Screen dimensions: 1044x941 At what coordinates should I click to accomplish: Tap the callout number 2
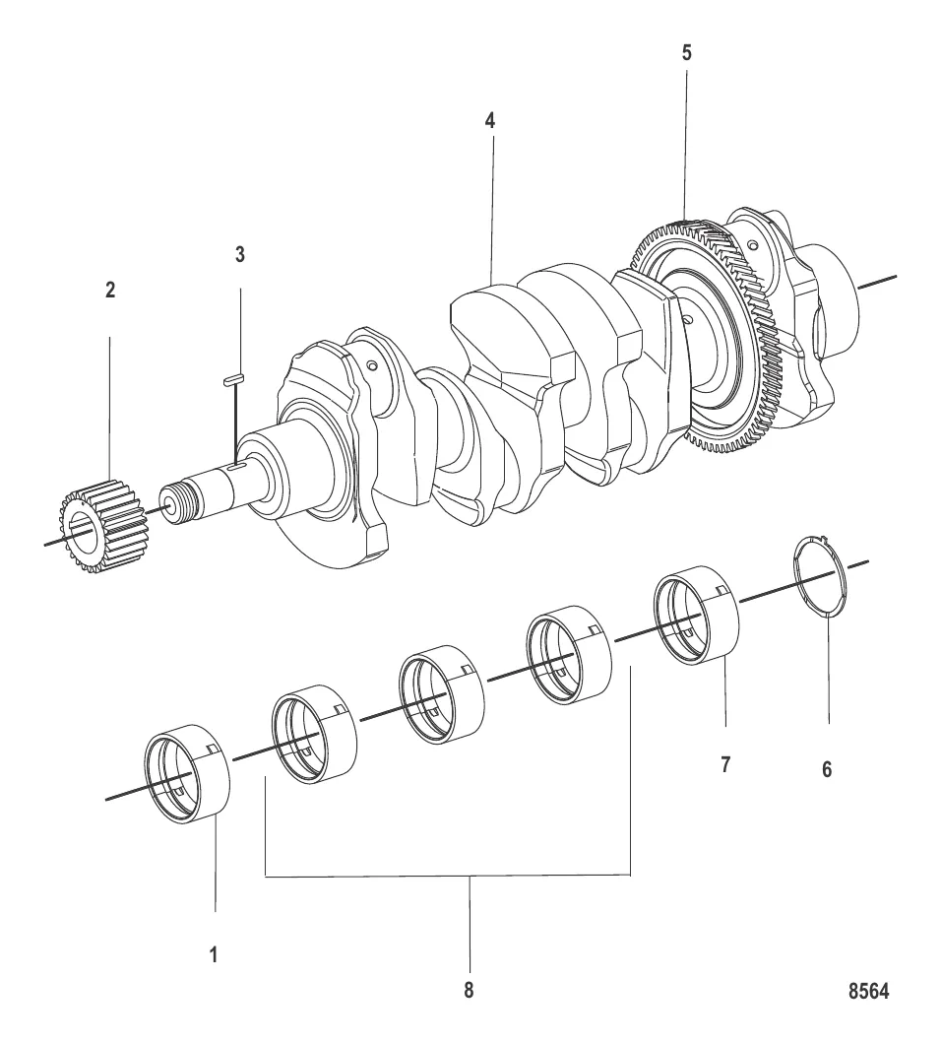point(110,291)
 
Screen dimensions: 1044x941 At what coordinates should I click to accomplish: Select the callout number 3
point(239,254)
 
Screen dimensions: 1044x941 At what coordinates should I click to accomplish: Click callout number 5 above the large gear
point(686,53)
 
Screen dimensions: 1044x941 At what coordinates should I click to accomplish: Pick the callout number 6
point(827,769)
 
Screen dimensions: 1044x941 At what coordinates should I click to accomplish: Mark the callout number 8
point(470,991)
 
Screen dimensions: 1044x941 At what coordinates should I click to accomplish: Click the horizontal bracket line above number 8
point(448,875)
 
